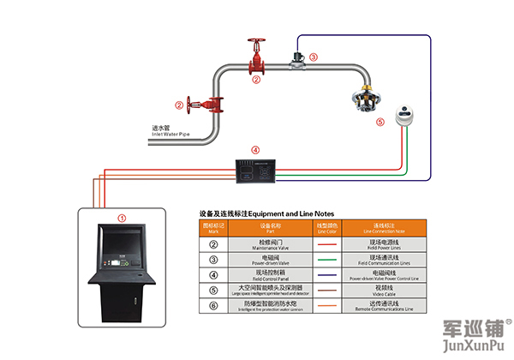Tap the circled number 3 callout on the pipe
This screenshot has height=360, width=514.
click(313, 57)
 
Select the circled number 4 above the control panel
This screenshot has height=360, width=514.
click(255, 150)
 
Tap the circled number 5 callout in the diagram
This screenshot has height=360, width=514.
click(381, 123)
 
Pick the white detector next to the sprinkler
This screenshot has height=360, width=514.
click(403, 114)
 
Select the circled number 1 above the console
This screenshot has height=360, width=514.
click(122, 219)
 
